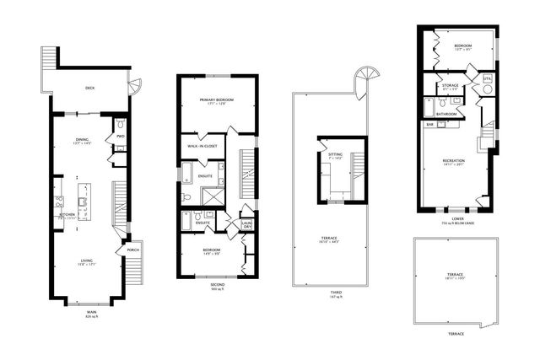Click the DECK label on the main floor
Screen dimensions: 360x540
click(89, 88)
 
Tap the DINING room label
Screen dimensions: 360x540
click(82, 140)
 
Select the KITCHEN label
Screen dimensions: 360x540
click(67, 214)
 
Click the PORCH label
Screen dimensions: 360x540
click(132, 250)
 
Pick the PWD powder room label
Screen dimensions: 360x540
click(121, 135)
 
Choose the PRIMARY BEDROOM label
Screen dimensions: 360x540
click(217, 100)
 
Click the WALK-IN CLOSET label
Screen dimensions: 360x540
click(204, 146)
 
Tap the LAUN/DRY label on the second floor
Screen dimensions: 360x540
click(247, 225)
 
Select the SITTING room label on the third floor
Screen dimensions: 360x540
click(335, 155)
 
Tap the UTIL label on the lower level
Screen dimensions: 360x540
click(487, 78)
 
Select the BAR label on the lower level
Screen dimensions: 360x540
click(429, 124)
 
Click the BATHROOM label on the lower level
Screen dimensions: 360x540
click(448, 113)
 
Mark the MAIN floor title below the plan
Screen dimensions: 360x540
click(91, 311)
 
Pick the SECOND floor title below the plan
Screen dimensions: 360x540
click(217, 284)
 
